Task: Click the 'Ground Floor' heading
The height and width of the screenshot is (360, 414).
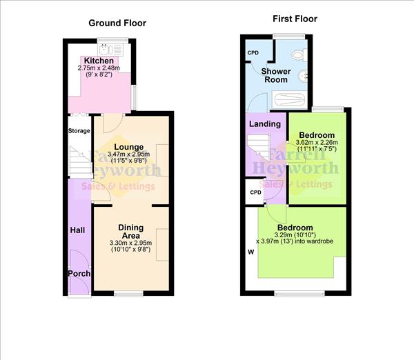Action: [117, 23]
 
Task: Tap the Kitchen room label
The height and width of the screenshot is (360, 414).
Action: [99, 61]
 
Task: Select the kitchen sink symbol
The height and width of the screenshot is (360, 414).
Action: [106, 48]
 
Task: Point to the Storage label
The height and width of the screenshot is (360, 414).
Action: [79, 130]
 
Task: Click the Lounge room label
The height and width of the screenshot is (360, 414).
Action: [130, 147]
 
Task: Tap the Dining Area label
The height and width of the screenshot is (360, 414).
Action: [130, 231]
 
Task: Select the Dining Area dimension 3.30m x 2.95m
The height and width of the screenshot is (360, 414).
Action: [130, 243]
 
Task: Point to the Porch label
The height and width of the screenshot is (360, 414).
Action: [78, 274]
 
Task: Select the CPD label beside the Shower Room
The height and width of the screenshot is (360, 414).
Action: [253, 53]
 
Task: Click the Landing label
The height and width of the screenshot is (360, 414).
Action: [265, 124]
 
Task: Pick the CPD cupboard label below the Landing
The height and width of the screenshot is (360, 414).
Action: [255, 192]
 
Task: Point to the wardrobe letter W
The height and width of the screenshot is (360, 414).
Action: [250, 252]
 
